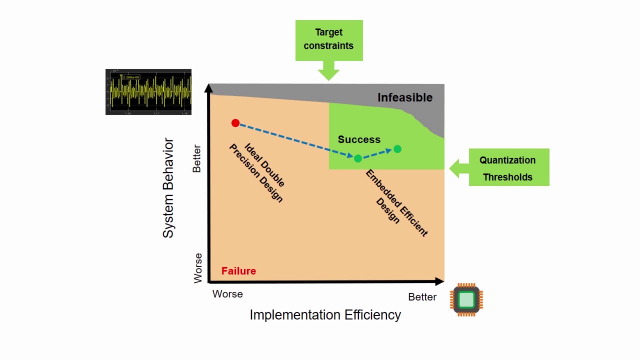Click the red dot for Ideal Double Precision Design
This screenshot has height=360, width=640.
click(x=235, y=123)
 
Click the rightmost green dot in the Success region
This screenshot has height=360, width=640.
click(x=397, y=149)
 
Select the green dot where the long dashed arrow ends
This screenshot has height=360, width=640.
click(x=358, y=158)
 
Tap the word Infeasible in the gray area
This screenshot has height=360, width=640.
click(x=404, y=97)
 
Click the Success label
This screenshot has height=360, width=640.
click(x=359, y=139)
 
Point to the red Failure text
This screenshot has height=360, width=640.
click(x=238, y=271)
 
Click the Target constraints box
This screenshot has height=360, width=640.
click(x=329, y=39)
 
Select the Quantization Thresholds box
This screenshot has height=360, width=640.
click(x=508, y=167)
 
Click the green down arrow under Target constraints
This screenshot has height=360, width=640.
click(x=328, y=71)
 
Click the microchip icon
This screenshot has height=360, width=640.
click(x=466, y=299)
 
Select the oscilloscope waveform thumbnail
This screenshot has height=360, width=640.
click(x=148, y=92)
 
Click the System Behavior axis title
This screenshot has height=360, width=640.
click(x=168, y=188)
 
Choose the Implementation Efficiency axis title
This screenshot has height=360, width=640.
click(x=325, y=315)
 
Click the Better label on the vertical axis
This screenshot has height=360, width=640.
click(x=196, y=158)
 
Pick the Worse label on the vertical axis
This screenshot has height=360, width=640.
click(x=198, y=268)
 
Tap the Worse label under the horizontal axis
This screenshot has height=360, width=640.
click(x=227, y=294)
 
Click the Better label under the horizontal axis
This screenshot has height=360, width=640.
click(x=422, y=297)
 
